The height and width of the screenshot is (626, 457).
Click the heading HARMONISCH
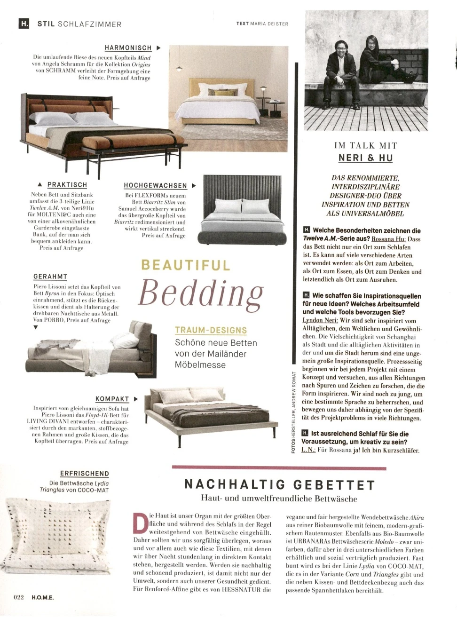[128, 48]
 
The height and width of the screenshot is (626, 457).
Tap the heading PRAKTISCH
[67, 185]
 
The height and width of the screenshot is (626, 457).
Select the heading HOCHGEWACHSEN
[155, 186]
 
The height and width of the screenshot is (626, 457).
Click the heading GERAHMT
[50, 277]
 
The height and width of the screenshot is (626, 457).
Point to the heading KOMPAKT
[112, 399]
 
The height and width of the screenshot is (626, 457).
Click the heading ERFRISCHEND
[85, 474]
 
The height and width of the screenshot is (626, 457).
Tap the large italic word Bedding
[201, 293]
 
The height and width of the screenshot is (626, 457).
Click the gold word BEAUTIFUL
[186, 265]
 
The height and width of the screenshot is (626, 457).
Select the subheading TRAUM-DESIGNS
[211, 331]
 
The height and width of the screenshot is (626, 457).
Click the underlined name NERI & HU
[365, 158]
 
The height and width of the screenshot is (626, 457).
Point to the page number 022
[18, 597]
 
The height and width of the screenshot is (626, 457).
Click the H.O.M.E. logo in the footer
[43, 597]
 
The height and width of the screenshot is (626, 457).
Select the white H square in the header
[24, 23]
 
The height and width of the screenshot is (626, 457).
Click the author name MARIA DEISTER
[269, 24]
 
